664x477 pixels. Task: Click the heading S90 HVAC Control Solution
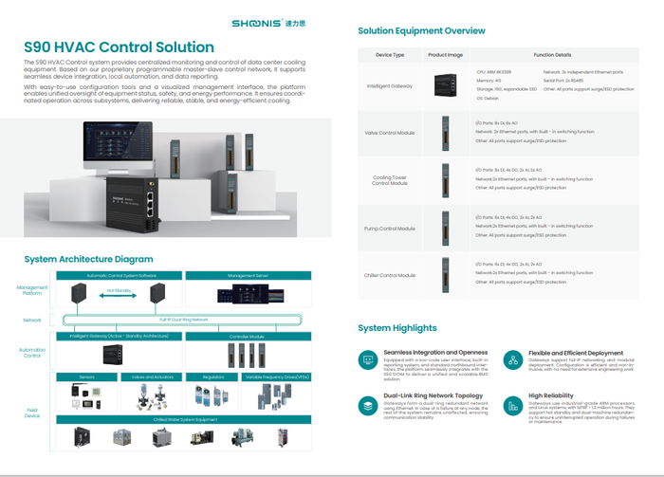[119, 47]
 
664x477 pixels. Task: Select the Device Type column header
[390, 55]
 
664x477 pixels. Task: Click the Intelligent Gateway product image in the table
[445, 85]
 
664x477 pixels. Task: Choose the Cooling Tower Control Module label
[390, 179]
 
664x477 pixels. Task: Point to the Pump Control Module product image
[445, 228]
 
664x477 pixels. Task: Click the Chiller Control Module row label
[390, 275]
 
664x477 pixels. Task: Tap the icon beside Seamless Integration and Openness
[367, 360]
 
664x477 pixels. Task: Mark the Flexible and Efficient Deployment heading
[576, 353]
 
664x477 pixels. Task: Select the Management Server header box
[249, 275]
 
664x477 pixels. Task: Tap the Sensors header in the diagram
[86, 376]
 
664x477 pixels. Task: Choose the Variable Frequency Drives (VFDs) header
[276, 376]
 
